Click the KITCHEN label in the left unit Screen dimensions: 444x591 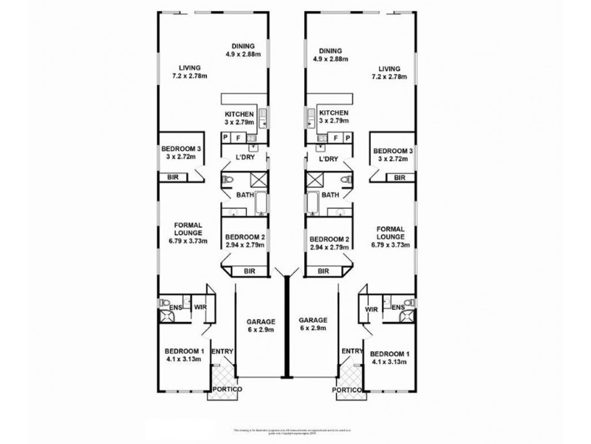click(239, 113)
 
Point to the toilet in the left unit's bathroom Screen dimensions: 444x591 click(228, 180)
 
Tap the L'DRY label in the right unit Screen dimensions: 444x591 click(328, 159)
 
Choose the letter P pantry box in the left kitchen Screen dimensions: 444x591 click(225, 138)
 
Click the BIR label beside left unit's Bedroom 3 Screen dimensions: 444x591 click(172, 178)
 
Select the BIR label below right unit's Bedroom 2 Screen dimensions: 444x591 click(324, 272)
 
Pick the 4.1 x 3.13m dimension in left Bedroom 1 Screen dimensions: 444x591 click(183, 360)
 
